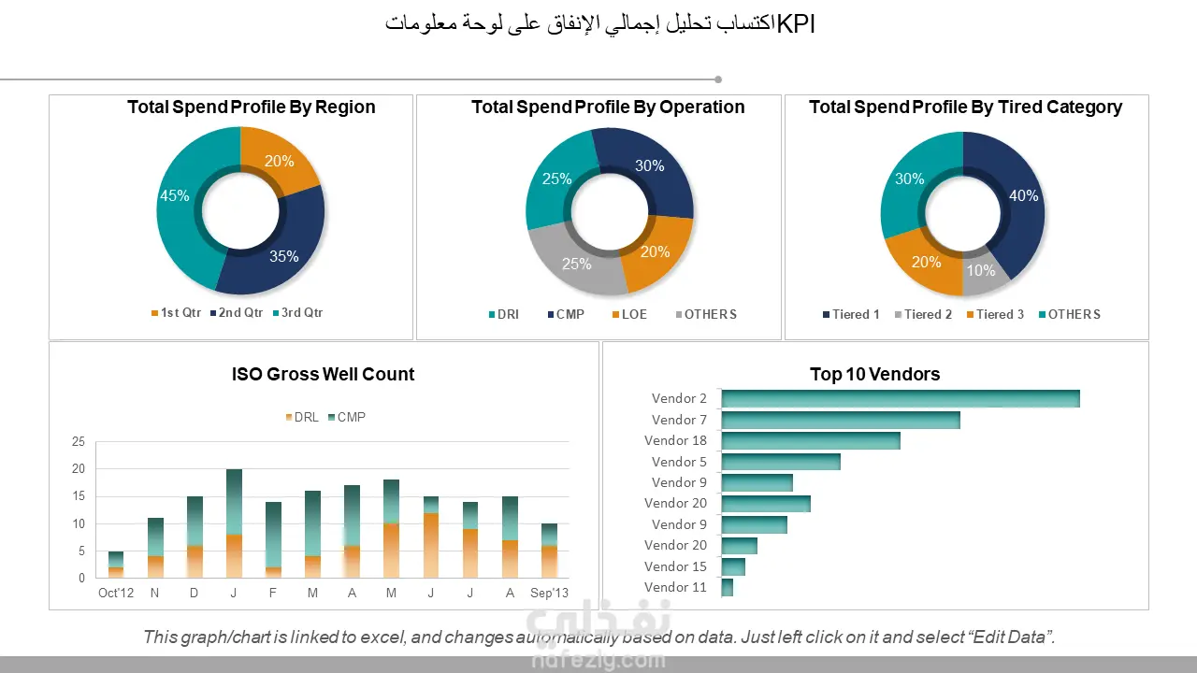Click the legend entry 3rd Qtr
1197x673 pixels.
301,313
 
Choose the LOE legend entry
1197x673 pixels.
634,315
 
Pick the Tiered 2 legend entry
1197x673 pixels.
928,315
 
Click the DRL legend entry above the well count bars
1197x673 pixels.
306,417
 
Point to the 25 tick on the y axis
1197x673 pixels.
79,442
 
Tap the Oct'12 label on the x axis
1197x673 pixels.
116,594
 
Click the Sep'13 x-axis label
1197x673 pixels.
549,594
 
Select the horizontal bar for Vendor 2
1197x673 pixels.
900,399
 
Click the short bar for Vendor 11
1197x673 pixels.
728,587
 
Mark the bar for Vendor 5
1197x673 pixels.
781,462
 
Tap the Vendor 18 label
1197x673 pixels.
676,441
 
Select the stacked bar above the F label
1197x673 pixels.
273,540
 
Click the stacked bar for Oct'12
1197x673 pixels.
116,565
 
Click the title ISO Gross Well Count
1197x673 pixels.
323,375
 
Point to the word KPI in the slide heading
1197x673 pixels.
796,25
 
